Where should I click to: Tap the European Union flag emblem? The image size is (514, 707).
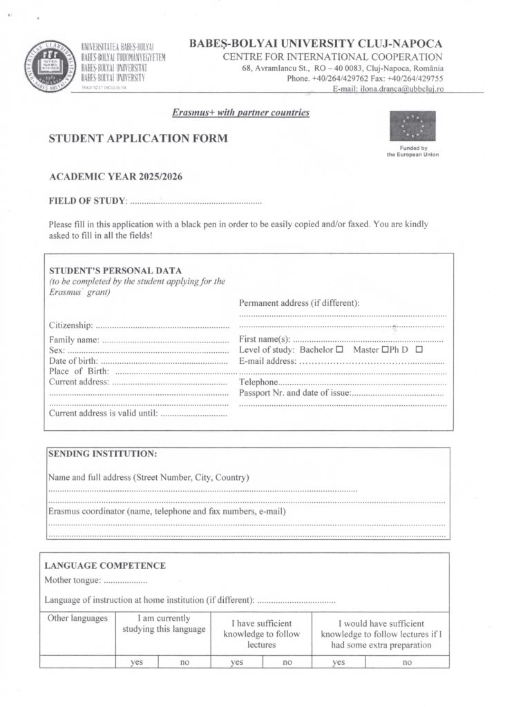coord(412,126)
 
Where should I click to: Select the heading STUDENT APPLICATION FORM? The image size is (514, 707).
coord(137,139)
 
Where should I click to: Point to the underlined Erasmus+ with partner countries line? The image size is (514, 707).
coord(240,113)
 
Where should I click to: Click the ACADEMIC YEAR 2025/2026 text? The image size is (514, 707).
coord(115,177)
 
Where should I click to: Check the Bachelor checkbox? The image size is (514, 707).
coord(339,350)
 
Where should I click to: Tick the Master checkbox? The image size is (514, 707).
coord(385,350)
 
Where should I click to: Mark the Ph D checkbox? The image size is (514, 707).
coord(419,350)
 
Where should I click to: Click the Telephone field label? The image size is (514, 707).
coord(258,382)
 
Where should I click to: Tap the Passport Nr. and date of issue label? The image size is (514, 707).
coord(295,393)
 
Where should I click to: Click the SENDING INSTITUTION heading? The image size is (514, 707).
coord(102,454)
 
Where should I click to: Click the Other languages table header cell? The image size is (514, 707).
coord(77,619)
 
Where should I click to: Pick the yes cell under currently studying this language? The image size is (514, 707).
coord(137,661)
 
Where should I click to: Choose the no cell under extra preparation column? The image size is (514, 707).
coord(407,661)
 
